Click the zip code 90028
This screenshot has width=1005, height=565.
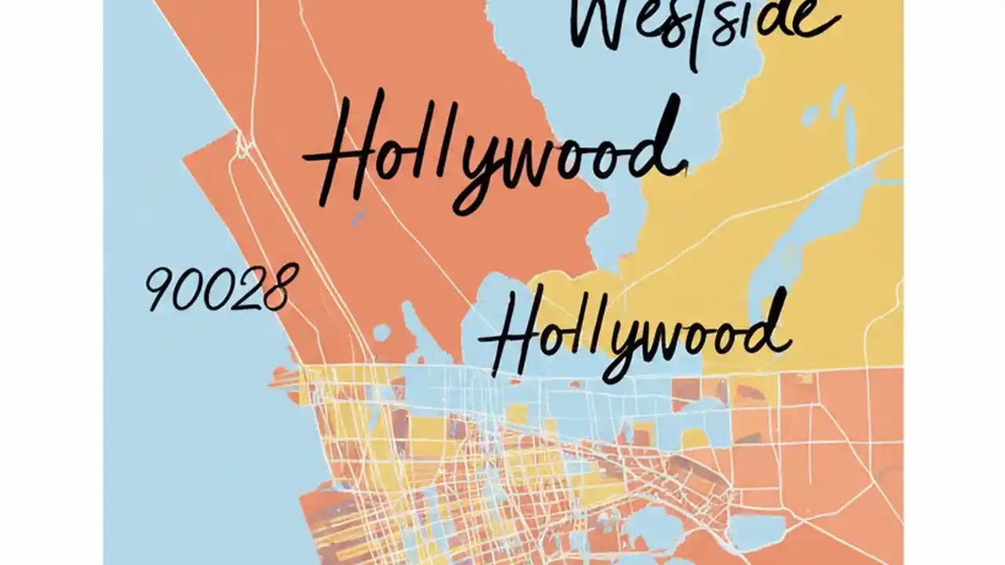click(x=221, y=287)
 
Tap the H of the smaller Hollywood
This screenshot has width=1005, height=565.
click(x=510, y=334)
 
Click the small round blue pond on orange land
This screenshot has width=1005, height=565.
click(x=381, y=333)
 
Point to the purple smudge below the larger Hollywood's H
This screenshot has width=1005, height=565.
click(x=358, y=218)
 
